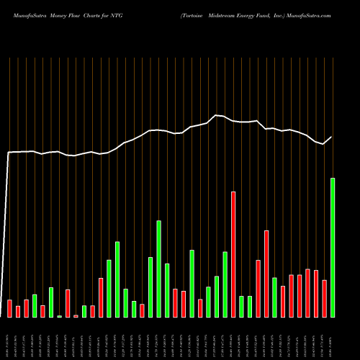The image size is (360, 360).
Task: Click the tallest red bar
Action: point(233,254)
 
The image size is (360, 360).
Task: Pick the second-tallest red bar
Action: point(266,274)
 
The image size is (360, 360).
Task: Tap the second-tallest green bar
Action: point(158,269)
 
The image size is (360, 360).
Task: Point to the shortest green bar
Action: point(60,316)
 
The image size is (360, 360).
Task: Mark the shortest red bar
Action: point(76,315)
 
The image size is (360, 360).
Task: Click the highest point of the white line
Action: point(216,115)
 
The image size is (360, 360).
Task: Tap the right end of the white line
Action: point(332,137)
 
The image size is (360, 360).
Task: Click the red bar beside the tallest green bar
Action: point(324,298)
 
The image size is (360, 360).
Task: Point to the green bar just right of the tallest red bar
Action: point(241,306)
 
